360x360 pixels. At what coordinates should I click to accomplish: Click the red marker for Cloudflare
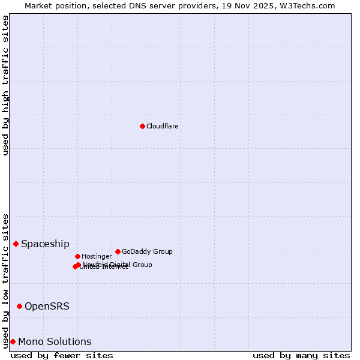[x=142, y=126]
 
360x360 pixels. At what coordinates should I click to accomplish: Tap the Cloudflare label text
[x=162, y=127]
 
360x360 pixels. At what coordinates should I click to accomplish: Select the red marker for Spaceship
[x=16, y=244]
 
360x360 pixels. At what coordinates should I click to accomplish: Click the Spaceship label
[x=45, y=244]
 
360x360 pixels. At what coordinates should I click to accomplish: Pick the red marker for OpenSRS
[x=19, y=306]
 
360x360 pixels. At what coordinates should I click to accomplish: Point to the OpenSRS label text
[x=47, y=307]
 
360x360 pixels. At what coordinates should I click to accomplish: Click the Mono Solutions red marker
[x=13, y=341]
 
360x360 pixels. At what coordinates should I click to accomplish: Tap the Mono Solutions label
[x=55, y=342]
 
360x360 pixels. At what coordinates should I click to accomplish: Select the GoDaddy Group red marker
[x=118, y=251]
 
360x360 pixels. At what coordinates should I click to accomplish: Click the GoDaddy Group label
[x=147, y=252]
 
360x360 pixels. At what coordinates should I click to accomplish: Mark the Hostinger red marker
[x=77, y=256]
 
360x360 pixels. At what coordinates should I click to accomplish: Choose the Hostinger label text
[x=97, y=257]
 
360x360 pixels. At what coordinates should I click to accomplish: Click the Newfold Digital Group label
[x=118, y=265]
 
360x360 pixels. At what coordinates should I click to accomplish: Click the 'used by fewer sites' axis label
[x=62, y=356]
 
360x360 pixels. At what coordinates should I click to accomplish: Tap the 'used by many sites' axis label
[x=301, y=356]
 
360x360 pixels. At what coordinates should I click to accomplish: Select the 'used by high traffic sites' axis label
[x=5, y=85]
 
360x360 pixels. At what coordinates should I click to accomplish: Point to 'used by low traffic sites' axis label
[x=5, y=280]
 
